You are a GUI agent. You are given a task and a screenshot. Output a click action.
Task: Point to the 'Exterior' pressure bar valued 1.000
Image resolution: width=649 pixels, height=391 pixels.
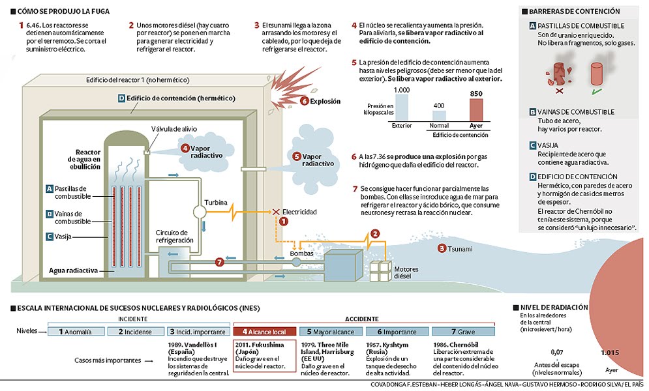pos(402,108)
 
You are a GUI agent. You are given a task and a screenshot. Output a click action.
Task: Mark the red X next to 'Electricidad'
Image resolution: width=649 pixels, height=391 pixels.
pos(276,212)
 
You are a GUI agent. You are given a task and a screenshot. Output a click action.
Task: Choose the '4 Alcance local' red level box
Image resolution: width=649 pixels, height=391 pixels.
pos(264,331)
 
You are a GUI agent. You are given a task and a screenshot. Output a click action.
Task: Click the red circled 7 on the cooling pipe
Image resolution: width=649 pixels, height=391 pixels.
pos(219,262)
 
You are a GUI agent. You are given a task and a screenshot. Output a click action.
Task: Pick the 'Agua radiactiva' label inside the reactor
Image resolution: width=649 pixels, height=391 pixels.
pos(73,269)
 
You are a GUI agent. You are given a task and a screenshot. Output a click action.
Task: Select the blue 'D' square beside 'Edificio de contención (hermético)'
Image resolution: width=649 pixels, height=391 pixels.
pos(121,98)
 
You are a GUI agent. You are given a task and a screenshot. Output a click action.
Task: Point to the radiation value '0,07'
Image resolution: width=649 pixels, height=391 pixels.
pos(556,353)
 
